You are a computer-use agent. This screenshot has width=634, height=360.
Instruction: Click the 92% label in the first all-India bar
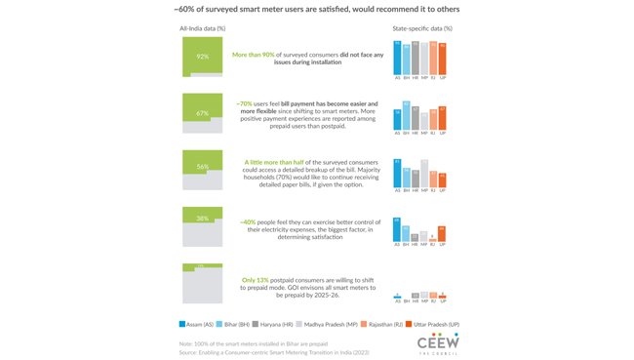point(203,57)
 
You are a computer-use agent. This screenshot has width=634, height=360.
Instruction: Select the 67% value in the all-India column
point(203,113)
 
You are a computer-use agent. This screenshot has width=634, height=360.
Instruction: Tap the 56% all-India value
point(203,167)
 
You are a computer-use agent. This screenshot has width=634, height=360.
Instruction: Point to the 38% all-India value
point(203,219)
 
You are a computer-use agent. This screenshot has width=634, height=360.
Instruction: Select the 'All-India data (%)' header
point(203,28)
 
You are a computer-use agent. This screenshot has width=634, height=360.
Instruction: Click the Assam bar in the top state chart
point(398,60)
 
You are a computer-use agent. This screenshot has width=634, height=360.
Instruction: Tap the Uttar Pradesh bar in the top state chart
point(442,60)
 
